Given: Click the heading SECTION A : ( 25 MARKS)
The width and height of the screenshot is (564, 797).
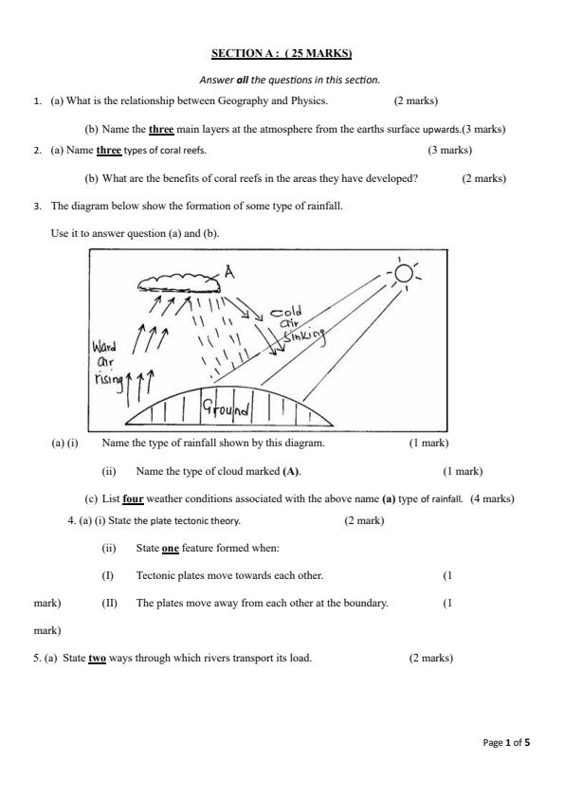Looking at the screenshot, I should (x=282, y=53).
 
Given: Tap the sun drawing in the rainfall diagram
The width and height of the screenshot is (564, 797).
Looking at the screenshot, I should (x=405, y=274).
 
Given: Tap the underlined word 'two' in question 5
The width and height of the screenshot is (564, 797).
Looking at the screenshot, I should (x=97, y=658).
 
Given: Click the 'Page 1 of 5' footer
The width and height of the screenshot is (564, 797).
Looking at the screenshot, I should (x=506, y=742).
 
